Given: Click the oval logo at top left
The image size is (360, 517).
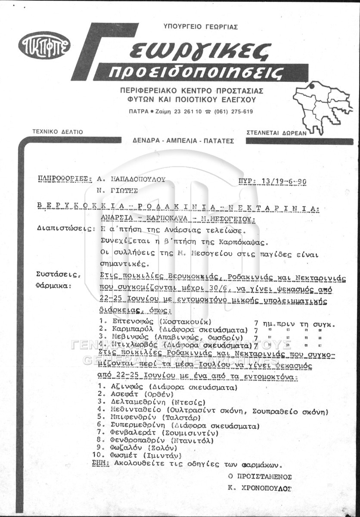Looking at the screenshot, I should tap(44, 46).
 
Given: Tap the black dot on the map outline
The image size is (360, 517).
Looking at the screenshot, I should tap(310, 87).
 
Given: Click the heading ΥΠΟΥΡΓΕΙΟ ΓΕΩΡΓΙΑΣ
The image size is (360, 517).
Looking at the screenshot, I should tap(201, 27).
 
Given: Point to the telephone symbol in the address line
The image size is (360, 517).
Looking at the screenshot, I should tap(208, 111).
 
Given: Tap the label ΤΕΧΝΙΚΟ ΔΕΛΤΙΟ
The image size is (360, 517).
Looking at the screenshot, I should tap(58, 132).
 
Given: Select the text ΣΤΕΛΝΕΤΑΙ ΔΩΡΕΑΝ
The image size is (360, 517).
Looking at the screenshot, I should tap(276, 133).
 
